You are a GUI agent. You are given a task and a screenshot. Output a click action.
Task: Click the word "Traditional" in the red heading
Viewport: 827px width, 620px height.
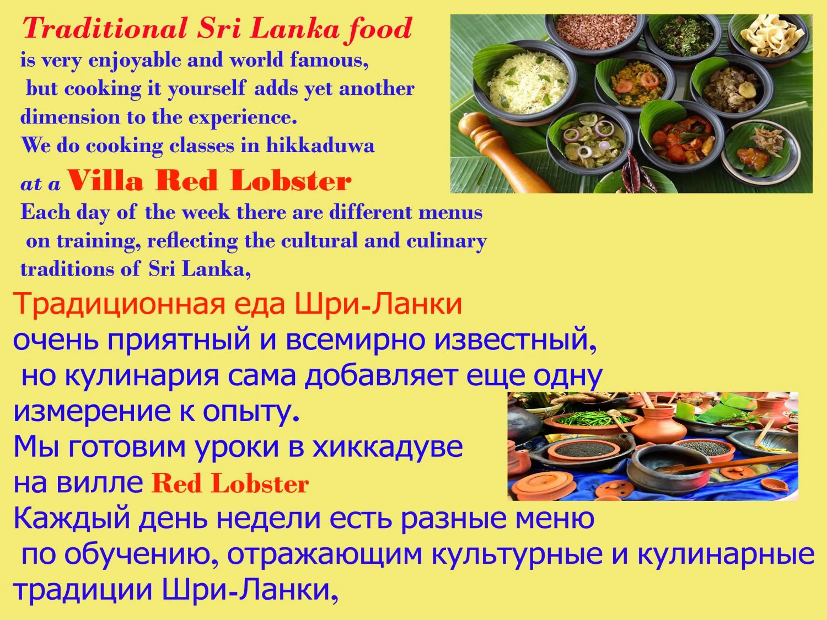(105, 28)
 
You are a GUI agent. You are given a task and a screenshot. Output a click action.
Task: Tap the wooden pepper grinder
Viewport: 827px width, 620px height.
(497, 149)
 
